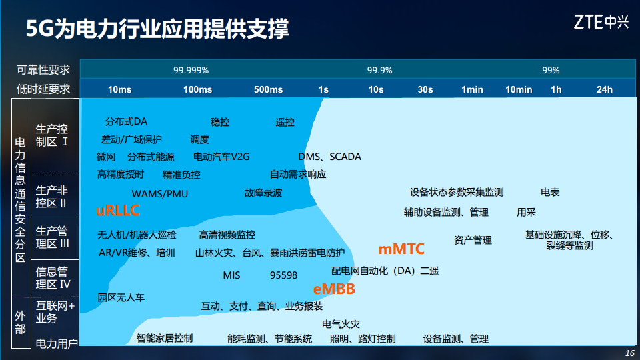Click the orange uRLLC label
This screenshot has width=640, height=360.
(118, 211)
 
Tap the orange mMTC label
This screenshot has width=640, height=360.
(401, 249)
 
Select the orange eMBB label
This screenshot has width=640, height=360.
(334, 289)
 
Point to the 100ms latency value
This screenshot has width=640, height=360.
(197, 89)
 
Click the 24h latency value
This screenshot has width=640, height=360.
(604, 89)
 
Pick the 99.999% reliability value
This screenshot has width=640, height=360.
(191, 70)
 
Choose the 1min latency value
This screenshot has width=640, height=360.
(472, 89)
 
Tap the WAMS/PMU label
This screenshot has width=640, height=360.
(159, 193)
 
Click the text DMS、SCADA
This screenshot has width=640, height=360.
(329, 157)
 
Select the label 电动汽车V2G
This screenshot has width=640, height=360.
(221, 157)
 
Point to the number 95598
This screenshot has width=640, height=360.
(283, 275)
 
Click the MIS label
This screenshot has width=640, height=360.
(231, 275)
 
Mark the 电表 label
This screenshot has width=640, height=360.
(550, 192)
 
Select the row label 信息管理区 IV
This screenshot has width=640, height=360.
(53, 277)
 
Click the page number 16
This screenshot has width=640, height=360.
(630, 353)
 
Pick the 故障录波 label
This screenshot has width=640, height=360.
(263, 193)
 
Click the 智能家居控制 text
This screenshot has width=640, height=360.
(165, 338)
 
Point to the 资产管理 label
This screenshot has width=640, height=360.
(473, 240)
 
